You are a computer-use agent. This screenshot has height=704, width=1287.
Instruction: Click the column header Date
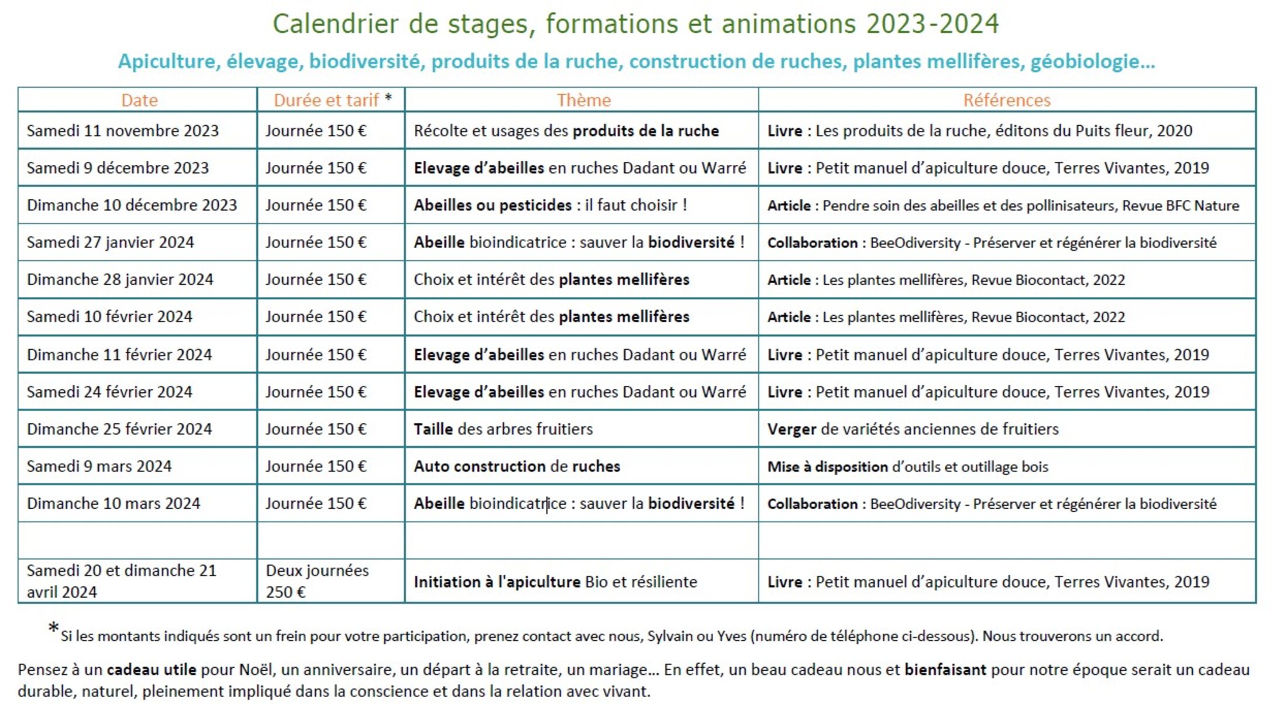tap(139, 100)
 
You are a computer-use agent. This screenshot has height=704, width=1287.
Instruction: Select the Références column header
tap(1006, 100)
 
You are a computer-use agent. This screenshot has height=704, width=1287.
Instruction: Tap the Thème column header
tap(583, 100)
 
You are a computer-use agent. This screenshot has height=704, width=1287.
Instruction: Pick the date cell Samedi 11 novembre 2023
tap(122, 130)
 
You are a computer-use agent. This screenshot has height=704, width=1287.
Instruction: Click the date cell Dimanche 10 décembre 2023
tap(132, 205)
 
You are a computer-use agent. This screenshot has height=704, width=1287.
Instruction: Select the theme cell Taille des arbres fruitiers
tap(503, 429)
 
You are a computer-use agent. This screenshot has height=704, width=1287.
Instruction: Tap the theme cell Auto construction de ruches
tap(517, 467)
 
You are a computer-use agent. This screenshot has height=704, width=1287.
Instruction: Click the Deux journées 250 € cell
tap(317, 581)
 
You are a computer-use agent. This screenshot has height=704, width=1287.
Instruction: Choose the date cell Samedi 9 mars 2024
tap(99, 467)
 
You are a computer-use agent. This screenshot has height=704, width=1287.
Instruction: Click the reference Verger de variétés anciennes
tap(913, 429)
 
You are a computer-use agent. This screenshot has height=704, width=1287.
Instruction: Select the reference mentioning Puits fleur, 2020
tap(979, 130)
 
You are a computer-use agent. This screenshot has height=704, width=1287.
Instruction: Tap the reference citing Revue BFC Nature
tap(1003, 205)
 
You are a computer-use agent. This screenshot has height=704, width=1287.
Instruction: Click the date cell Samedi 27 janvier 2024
tap(110, 243)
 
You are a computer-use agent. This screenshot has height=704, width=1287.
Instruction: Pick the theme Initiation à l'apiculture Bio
tap(555, 582)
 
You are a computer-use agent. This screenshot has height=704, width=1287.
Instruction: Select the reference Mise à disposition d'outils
tap(907, 467)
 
